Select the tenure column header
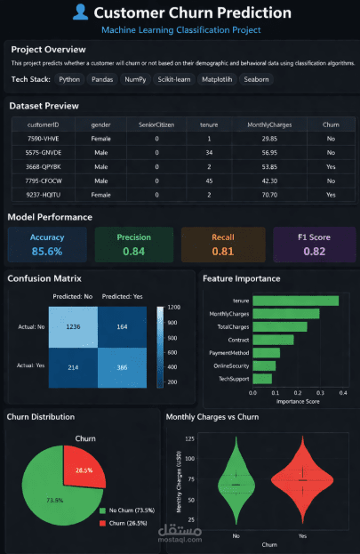pos(209,124)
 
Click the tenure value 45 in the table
pos(209,181)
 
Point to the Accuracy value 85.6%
pos(47,252)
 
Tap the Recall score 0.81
pos(223,252)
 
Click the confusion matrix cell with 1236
pos(74,327)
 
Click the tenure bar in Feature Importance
pos(295,301)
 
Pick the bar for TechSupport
pos(262,379)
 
